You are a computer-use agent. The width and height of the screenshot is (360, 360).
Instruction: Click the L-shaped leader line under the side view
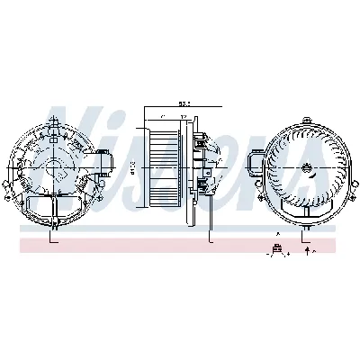pos(211,236)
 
